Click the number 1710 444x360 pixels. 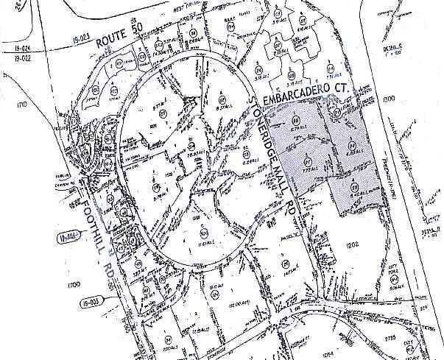click(21, 105)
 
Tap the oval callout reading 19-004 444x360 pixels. click(66, 237)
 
